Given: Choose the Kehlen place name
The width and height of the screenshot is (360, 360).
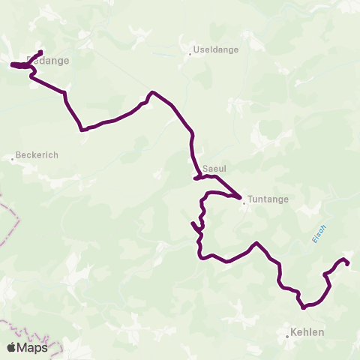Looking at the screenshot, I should [x=307, y=331].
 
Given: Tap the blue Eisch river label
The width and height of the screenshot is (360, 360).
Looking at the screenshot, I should [x=318, y=233].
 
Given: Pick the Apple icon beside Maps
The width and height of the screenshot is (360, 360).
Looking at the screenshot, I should [x=11, y=347].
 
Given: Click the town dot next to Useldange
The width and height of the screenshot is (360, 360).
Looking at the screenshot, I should [x=190, y=53].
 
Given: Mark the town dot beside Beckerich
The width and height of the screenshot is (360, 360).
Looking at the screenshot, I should [x=13, y=158].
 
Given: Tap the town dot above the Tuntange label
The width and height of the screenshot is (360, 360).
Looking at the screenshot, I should [x=243, y=202].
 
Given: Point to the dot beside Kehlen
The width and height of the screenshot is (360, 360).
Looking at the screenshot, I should [x=287, y=337].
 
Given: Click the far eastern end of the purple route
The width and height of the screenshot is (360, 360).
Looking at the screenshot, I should [x=348, y=262].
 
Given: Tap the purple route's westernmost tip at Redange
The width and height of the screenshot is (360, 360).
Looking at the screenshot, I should [x=11, y=65].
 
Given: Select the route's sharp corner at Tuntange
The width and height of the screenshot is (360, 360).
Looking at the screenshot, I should [x=240, y=198].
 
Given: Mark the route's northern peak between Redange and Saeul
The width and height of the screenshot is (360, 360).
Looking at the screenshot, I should [x=152, y=92].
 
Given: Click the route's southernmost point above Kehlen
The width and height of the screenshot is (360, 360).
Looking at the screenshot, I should [x=304, y=307].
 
